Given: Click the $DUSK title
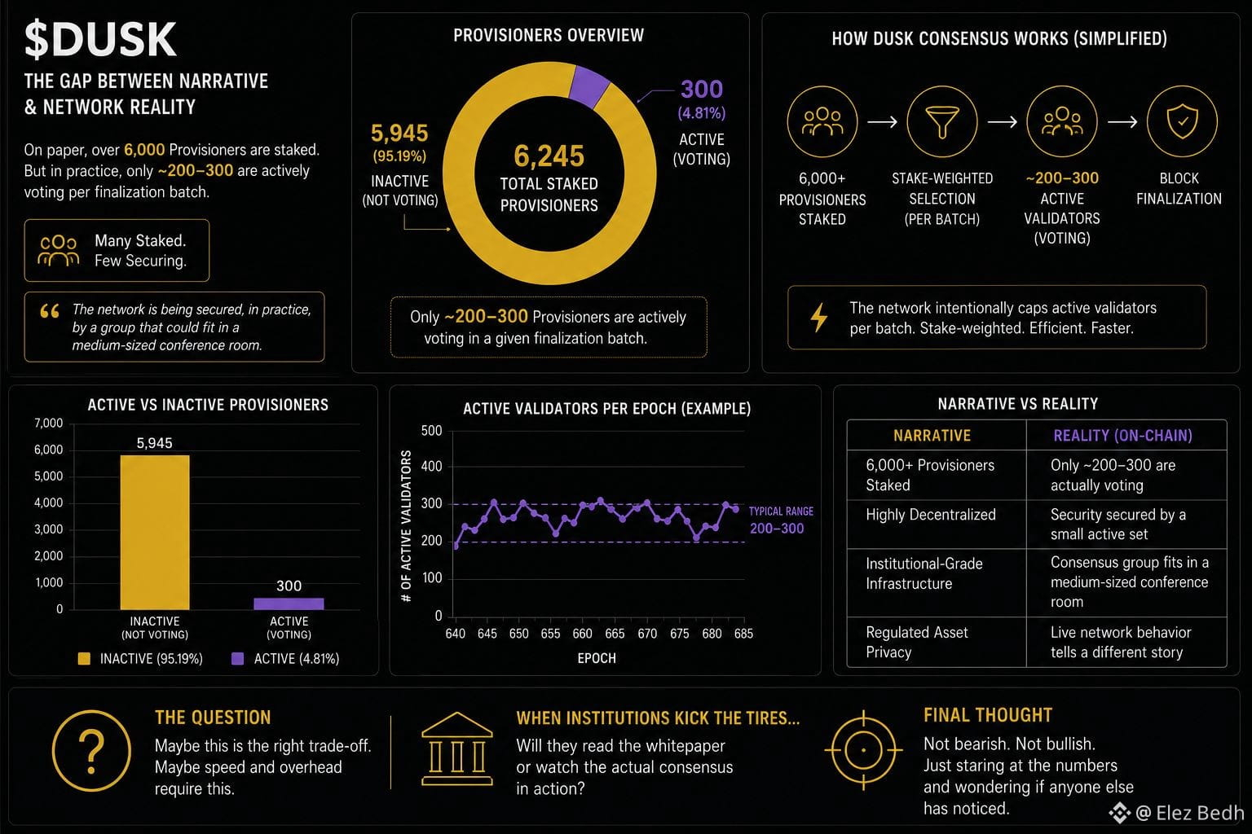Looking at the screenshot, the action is tap(100, 39).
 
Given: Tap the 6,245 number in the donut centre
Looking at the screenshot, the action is tap(549, 156).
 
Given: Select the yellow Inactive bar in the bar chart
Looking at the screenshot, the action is tap(155, 532).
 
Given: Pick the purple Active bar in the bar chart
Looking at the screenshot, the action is tap(289, 604).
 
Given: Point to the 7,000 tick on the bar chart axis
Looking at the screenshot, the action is tap(49, 423).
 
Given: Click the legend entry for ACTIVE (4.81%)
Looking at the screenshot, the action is tap(285, 659).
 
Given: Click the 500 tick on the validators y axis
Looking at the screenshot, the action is tap(431, 431).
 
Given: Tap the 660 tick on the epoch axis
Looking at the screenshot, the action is tap(583, 634).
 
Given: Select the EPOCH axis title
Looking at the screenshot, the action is tap(597, 658).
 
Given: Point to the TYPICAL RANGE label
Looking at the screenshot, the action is tap(781, 511).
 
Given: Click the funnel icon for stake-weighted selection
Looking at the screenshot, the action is tap(941, 122).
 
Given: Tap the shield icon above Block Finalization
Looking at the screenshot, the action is tap(1182, 121).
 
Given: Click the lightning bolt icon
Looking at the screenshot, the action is tap(819, 318).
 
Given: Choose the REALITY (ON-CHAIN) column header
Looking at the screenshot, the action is tap(1122, 436).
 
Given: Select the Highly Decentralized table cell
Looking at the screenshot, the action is tap(931, 515).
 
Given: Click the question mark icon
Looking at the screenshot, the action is tap(91, 751).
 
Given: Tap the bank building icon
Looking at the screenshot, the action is tap(457, 748).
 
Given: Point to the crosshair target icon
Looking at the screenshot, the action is tap(863, 750).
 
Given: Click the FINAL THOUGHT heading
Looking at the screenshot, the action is tap(988, 715).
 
